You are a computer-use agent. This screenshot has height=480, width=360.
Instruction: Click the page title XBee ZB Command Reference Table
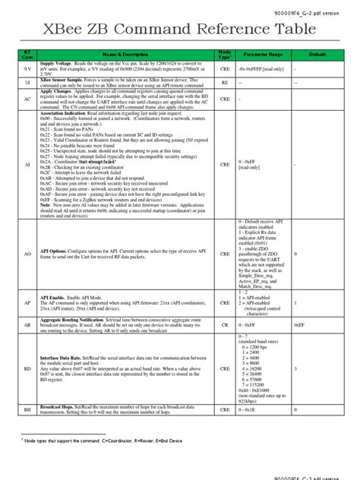(x=179, y=30)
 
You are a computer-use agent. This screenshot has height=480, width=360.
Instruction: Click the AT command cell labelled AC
(x=27, y=99)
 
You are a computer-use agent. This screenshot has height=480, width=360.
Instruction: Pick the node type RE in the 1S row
(x=225, y=81)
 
